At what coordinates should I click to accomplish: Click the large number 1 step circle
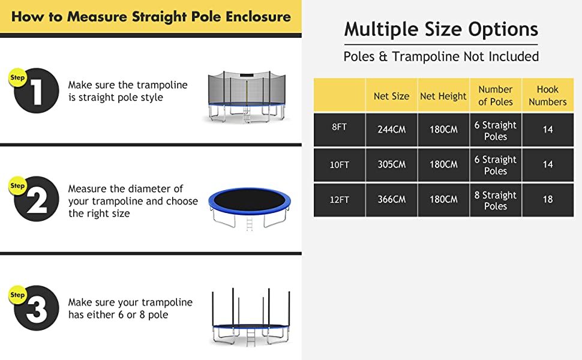[x=37, y=91]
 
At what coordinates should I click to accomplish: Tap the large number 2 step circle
[x=37, y=199]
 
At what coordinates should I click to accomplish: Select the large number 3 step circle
[x=37, y=308]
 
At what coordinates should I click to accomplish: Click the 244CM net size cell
[x=392, y=130]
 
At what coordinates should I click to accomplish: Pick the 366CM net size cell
[x=392, y=199]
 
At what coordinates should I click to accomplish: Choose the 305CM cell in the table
[x=392, y=164]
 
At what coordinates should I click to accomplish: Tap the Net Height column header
[x=443, y=96]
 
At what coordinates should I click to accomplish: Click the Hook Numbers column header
[x=547, y=96]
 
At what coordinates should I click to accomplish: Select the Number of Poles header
[x=496, y=96]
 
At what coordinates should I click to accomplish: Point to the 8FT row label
[x=339, y=127]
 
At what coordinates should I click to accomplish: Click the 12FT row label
[x=339, y=200]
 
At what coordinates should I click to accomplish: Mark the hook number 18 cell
[x=547, y=199]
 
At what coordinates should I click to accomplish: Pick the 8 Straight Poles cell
[x=496, y=200]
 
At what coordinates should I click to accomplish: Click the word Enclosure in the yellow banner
[x=258, y=17]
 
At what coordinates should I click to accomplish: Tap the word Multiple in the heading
[x=381, y=29]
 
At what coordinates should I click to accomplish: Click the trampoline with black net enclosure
[x=247, y=97]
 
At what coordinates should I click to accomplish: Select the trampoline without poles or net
[x=250, y=208]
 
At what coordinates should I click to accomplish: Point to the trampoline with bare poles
[x=251, y=317]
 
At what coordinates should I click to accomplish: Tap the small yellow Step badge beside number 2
[x=17, y=185]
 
